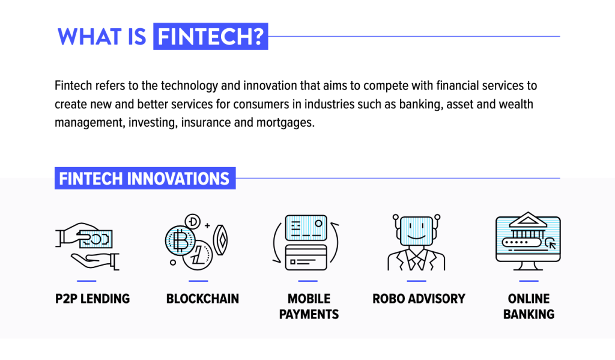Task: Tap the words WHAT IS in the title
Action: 101,37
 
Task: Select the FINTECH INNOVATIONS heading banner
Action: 145,178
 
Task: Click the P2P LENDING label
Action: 92,299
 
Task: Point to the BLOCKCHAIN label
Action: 202,299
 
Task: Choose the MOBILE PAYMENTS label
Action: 309,307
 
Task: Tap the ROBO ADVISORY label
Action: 419,299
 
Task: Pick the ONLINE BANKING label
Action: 529,307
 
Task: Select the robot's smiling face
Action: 416,230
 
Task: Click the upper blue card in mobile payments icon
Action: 306,228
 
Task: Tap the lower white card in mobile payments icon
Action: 306,258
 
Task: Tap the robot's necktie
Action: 416,260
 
